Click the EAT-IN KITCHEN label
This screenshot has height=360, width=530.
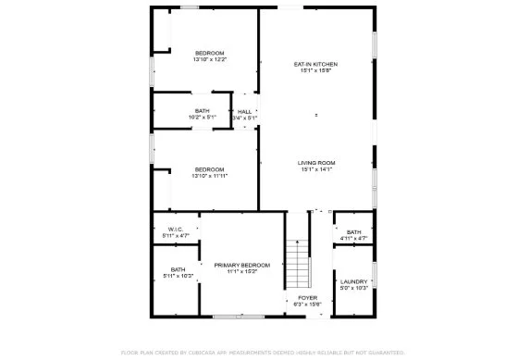click(x=315, y=64)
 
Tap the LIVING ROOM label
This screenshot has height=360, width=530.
click(x=315, y=163)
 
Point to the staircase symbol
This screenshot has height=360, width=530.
click(x=296, y=263)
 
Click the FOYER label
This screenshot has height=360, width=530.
click(x=307, y=297)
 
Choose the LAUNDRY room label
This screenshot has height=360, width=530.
click(x=354, y=281)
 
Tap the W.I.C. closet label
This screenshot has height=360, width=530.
click(x=176, y=229)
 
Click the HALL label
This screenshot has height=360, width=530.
click(x=244, y=112)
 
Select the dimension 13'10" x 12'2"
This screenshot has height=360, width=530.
click(x=210, y=60)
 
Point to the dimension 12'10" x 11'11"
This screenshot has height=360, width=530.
click(x=210, y=176)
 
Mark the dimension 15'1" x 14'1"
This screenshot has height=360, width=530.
click(x=315, y=169)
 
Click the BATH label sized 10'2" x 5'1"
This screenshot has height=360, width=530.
click(x=202, y=111)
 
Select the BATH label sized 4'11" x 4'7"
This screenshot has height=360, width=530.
click(x=354, y=231)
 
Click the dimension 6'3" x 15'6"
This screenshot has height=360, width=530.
click(x=307, y=304)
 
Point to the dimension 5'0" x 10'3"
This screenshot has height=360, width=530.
click(x=354, y=288)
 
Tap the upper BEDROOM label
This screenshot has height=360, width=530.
click(x=210, y=54)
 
